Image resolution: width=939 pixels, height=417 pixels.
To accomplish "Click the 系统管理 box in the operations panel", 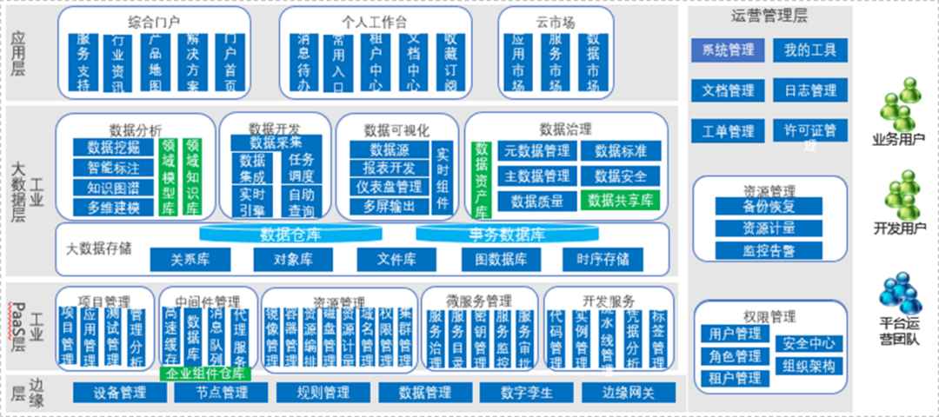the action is click(x=728, y=50).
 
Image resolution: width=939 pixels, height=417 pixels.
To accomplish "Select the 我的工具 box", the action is click(x=809, y=50).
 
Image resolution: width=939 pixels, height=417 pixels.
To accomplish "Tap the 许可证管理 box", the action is click(x=809, y=131).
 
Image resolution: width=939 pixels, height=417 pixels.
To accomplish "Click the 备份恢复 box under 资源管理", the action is click(x=769, y=207).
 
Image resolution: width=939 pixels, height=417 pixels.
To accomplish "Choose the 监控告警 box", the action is click(x=769, y=251).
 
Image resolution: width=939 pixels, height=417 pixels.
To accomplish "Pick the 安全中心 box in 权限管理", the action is click(x=809, y=342).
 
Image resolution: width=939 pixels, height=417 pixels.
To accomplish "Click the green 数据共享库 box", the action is click(x=620, y=201).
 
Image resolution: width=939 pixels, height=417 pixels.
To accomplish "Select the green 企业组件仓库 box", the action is click(x=206, y=374).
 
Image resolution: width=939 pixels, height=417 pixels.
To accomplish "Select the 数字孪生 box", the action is click(x=527, y=393).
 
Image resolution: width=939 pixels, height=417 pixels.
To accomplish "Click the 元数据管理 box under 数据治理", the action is click(x=537, y=151).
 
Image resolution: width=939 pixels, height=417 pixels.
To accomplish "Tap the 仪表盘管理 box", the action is click(x=389, y=187).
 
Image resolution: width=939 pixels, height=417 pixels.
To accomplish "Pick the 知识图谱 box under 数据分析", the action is click(x=113, y=188).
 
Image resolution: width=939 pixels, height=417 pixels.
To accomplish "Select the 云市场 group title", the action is click(x=554, y=22).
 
